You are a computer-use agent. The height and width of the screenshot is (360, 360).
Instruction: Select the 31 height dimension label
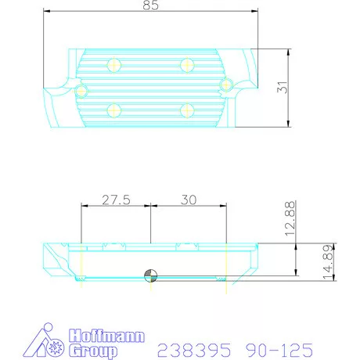click(x=284, y=88)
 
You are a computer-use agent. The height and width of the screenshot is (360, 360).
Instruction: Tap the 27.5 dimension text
click(x=115, y=200)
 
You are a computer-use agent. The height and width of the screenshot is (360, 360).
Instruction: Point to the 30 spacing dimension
click(x=188, y=200)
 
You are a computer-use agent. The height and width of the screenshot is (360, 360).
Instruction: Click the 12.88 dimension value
click(x=290, y=220)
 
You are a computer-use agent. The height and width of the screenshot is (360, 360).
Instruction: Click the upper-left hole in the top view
click(x=114, y=63)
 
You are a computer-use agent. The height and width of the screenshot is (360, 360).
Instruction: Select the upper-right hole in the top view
click(x=186, y=63)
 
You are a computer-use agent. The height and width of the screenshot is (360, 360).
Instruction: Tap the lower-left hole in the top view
click(x=114, y=109)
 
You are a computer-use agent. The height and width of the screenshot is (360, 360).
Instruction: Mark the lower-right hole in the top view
click(x=186, y=109)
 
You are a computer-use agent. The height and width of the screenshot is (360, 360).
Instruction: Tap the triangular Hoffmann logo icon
click(x=41, y=341)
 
